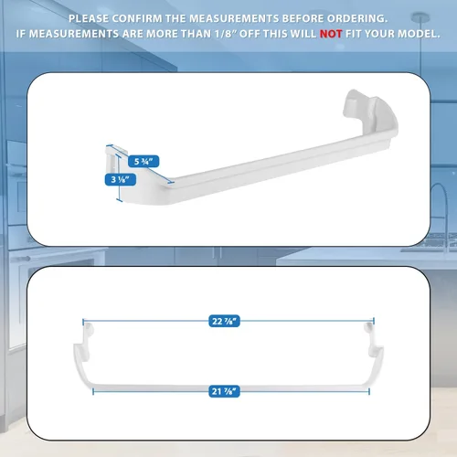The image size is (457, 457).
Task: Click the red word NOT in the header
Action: pyautogui.click(x=331, y=34)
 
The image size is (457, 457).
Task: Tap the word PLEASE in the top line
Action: pyautogui.click(x=89, y=18)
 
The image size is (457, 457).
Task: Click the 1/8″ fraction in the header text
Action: pyautogui.click(x=226, y=34)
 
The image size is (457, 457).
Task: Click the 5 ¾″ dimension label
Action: pyautogui.click(x=143, y=161)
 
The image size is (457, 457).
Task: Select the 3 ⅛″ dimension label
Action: pyautogui.click(x=121, y=179)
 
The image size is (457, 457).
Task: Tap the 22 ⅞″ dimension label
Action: pyautogui.click(x=224, y=321)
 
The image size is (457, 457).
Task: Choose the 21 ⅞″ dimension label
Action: pyautogui.click(x=224, y=391)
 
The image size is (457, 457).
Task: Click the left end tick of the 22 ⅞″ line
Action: pyautogui.click(x=83, y=321)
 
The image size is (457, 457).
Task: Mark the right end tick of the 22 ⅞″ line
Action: pyautogui.click(x=374, y=321)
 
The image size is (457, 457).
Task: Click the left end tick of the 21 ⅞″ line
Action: pyautogui.click(x=93, y=391)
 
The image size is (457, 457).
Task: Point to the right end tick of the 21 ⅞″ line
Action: pyautogui.click(x=369, y=391)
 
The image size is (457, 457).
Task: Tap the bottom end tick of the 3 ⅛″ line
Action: pyautogui.click(x=120, y=200)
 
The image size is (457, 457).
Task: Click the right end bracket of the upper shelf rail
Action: pyautogui.click(x=370, y=114)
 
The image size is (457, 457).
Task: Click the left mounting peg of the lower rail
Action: pyautogui.click(x=89, y=330)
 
